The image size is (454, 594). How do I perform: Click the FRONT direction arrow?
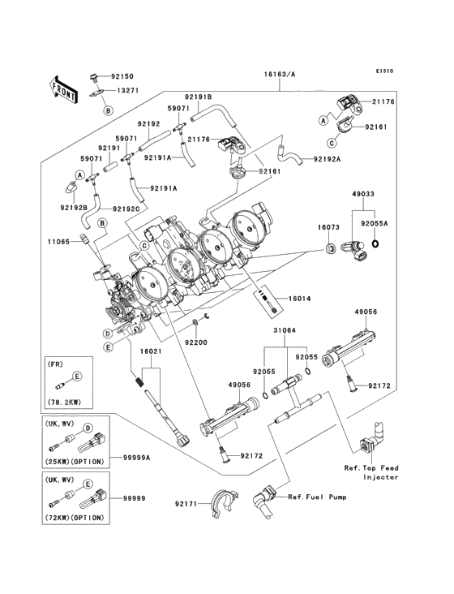coord(63,90)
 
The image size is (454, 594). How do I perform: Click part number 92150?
coord(122,76)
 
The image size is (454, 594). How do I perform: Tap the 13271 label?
coord(127,91)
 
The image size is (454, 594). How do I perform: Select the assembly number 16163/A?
coord(280,75)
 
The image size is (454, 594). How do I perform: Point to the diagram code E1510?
coord(384,71)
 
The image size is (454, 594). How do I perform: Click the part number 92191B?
coord(199,97)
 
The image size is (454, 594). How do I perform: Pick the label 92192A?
coord(327,160)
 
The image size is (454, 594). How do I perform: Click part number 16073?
coord(328,227)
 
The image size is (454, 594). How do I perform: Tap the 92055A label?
coord(375,223)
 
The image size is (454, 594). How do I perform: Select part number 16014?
coord(299,299)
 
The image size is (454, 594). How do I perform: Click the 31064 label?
coord(285,330)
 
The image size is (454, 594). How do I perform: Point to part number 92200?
coord(196,342)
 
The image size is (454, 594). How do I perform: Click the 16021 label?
coord(151,351)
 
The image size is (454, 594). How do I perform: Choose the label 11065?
coord(58,241)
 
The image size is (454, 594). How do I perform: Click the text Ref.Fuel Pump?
coord(317,497)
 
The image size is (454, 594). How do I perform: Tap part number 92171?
coord(186,503)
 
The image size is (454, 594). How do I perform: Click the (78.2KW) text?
coord(64,402)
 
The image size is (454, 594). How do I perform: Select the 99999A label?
coord(136,458)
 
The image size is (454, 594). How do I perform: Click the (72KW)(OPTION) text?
coord(75,518)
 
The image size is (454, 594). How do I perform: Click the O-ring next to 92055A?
coord(375,243)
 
